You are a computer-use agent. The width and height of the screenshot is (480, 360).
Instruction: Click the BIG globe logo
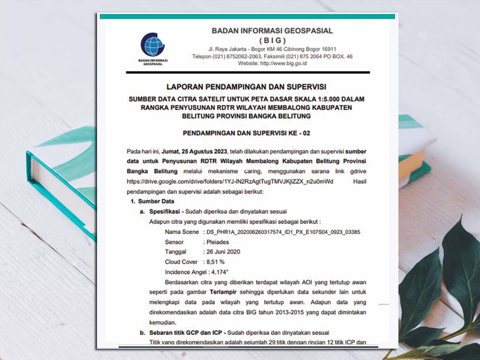152,45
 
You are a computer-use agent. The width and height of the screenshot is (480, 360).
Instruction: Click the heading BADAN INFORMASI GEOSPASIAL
272,31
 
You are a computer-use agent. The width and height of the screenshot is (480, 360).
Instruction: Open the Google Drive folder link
230,181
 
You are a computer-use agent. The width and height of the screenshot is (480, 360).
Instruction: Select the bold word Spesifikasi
165,211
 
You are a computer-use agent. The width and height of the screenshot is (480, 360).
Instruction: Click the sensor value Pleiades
218,242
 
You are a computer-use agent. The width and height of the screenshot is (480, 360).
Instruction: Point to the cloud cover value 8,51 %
216,262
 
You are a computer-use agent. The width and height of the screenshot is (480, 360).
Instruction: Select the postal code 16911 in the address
327,49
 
